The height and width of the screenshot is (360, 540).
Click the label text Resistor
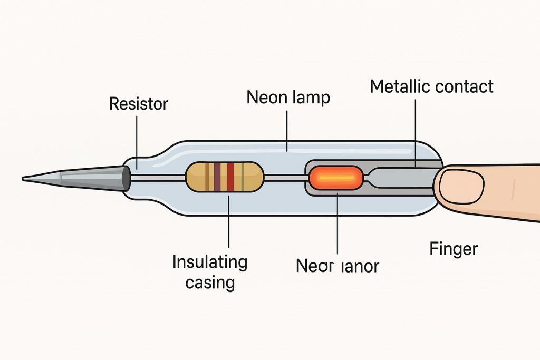coord(138,103)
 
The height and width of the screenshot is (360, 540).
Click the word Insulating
coord(210,261)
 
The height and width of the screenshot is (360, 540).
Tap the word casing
coord(210,283)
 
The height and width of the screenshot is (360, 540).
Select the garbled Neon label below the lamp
coord(337,266)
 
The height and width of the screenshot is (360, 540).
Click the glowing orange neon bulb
coord(335,178)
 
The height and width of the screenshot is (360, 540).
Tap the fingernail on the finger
coord(462,185)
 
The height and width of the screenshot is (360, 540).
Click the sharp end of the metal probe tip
coord(25,179)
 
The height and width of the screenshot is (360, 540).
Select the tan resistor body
coord(198,176)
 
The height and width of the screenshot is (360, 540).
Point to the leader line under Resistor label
coord(137,140)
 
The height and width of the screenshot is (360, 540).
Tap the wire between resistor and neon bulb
coord(285,178)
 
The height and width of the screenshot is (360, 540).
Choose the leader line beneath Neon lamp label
coord(286,127)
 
